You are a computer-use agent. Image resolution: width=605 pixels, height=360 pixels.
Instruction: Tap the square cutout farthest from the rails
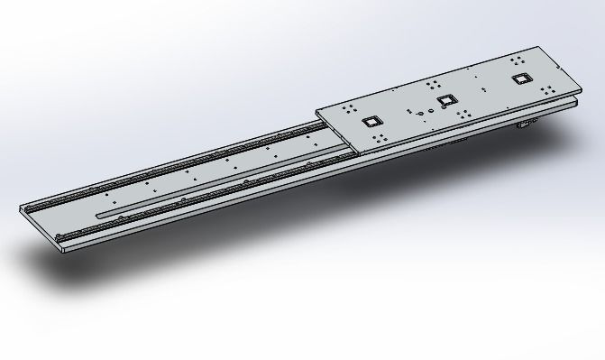520,78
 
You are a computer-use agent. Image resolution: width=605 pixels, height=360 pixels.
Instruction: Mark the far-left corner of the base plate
20,208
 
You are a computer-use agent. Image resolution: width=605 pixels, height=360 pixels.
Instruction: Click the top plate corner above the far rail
317,111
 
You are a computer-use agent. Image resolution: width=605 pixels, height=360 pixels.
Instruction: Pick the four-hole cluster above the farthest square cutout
518,60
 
